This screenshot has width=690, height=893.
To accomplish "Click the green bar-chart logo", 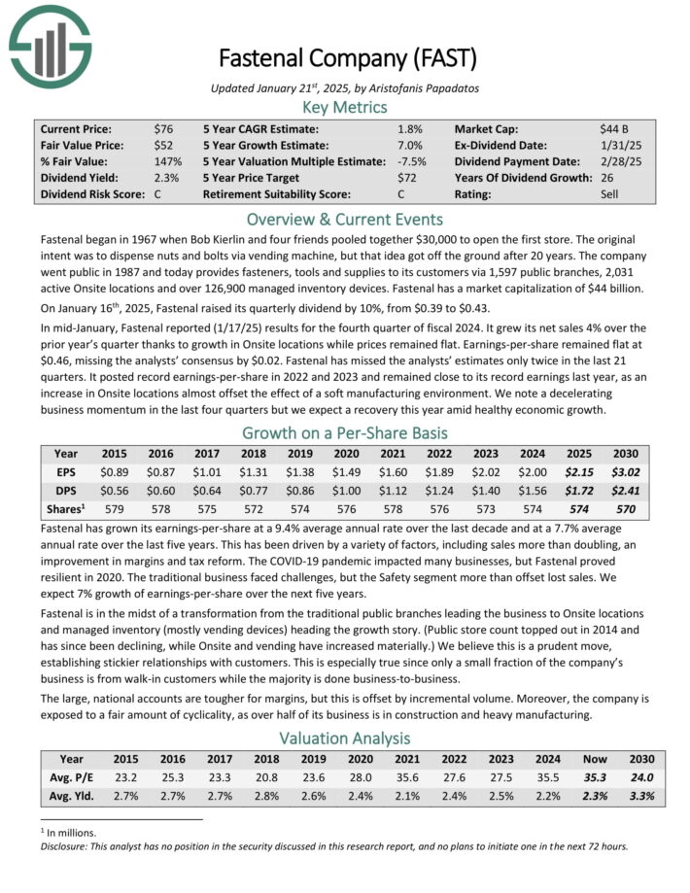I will [50, 46].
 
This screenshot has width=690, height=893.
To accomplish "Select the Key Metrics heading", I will [345, 107].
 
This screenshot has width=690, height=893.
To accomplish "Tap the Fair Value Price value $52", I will [164, 145].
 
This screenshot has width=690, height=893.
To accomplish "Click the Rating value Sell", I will [609, 193].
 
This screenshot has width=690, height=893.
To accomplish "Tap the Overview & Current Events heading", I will [345, 219].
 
